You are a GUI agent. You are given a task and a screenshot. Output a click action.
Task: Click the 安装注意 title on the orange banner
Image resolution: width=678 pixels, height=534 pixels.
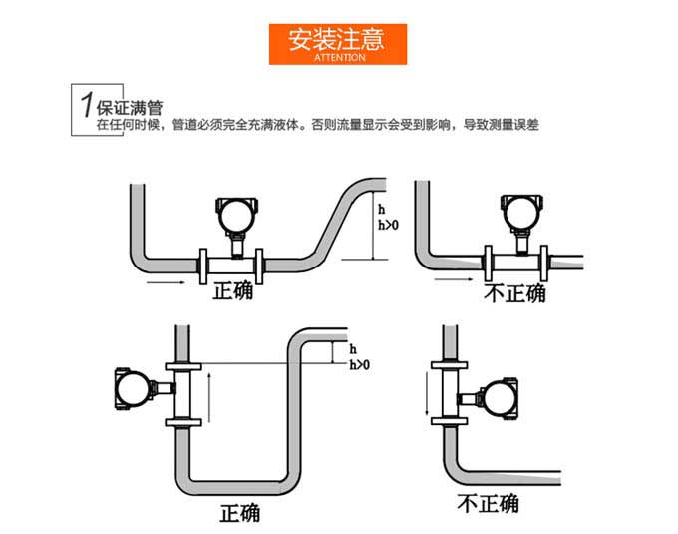point(339,40)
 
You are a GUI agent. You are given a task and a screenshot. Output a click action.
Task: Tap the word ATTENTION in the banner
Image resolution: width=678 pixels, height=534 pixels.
point(339,58)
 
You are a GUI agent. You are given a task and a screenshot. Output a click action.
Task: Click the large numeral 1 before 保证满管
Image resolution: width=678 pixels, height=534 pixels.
point(86,105)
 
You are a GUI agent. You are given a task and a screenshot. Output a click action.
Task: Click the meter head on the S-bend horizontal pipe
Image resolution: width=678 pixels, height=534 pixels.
point(235,213)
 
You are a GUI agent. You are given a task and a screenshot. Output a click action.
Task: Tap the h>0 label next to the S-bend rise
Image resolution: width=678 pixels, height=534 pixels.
point(387,226)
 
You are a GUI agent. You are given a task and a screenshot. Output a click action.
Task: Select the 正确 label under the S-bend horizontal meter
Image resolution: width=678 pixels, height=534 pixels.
point(233,292)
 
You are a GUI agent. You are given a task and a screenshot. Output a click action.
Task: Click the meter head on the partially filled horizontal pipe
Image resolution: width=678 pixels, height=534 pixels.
point(519,211)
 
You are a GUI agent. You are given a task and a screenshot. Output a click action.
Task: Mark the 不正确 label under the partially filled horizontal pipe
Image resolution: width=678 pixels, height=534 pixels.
point(514,293)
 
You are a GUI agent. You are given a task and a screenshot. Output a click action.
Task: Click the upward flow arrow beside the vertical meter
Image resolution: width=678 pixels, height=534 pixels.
point(209,393)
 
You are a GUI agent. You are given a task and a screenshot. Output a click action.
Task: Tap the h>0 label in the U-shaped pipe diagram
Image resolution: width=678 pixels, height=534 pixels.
point(359,365)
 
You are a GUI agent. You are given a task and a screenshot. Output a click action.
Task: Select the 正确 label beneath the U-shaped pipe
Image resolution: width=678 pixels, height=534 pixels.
point(239,513)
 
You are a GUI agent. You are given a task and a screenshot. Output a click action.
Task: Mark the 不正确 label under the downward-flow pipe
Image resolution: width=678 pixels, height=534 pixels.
point(488,503)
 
